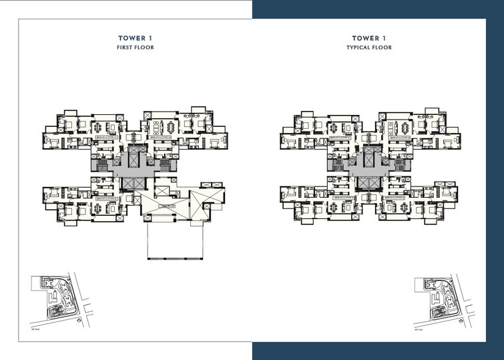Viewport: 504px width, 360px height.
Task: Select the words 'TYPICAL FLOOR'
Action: tap(368, 48)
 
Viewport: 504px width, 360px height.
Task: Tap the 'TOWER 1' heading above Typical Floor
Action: tap(368, 38)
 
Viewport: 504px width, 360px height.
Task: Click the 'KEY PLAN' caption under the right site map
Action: tap(420, 329)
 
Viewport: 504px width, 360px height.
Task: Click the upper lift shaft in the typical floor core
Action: tap(368, 158)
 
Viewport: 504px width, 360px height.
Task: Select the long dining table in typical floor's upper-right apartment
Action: tap(400, 126)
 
